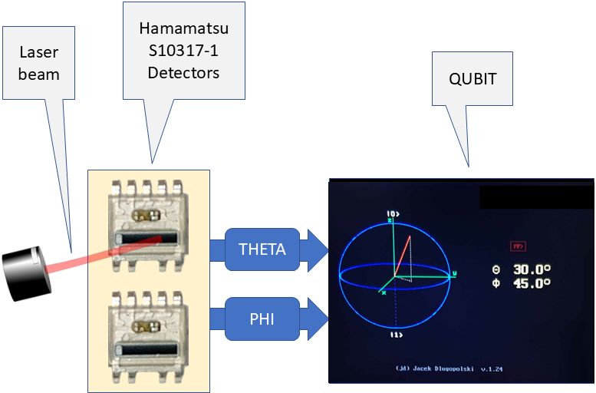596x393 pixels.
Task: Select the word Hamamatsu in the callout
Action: point(183,30)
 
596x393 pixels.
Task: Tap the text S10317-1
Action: point(183,51)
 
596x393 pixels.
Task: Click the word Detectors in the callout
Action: point(183,73)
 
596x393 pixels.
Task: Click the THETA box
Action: point(262,249)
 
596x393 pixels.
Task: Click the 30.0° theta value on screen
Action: point(532,269)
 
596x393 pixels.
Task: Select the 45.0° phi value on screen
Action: point(532,282)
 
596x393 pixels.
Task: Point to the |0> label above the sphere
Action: point(393,213)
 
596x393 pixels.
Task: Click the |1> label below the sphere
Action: point(396,335)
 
